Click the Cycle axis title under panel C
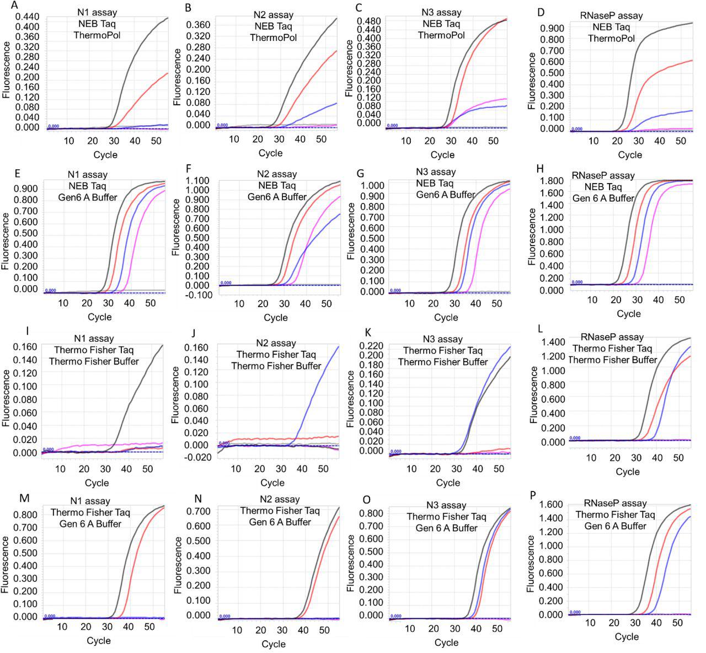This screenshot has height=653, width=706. pyautogui.click(x=442, y=155)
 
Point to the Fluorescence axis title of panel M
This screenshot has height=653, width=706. pyautogui.click(x=6, y=564)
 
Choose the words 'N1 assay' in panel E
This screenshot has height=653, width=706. pyautogui.click(x=89, y=175)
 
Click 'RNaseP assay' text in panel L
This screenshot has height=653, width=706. pyautogui.click(x=612, y=337)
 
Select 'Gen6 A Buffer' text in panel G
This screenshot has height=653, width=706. pyautogui.click(x=445, y=195)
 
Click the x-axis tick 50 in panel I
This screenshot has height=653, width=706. pyautogui.click(x=147, y=469)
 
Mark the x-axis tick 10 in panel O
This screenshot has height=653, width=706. pyautogui.click(x=410, y=629)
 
